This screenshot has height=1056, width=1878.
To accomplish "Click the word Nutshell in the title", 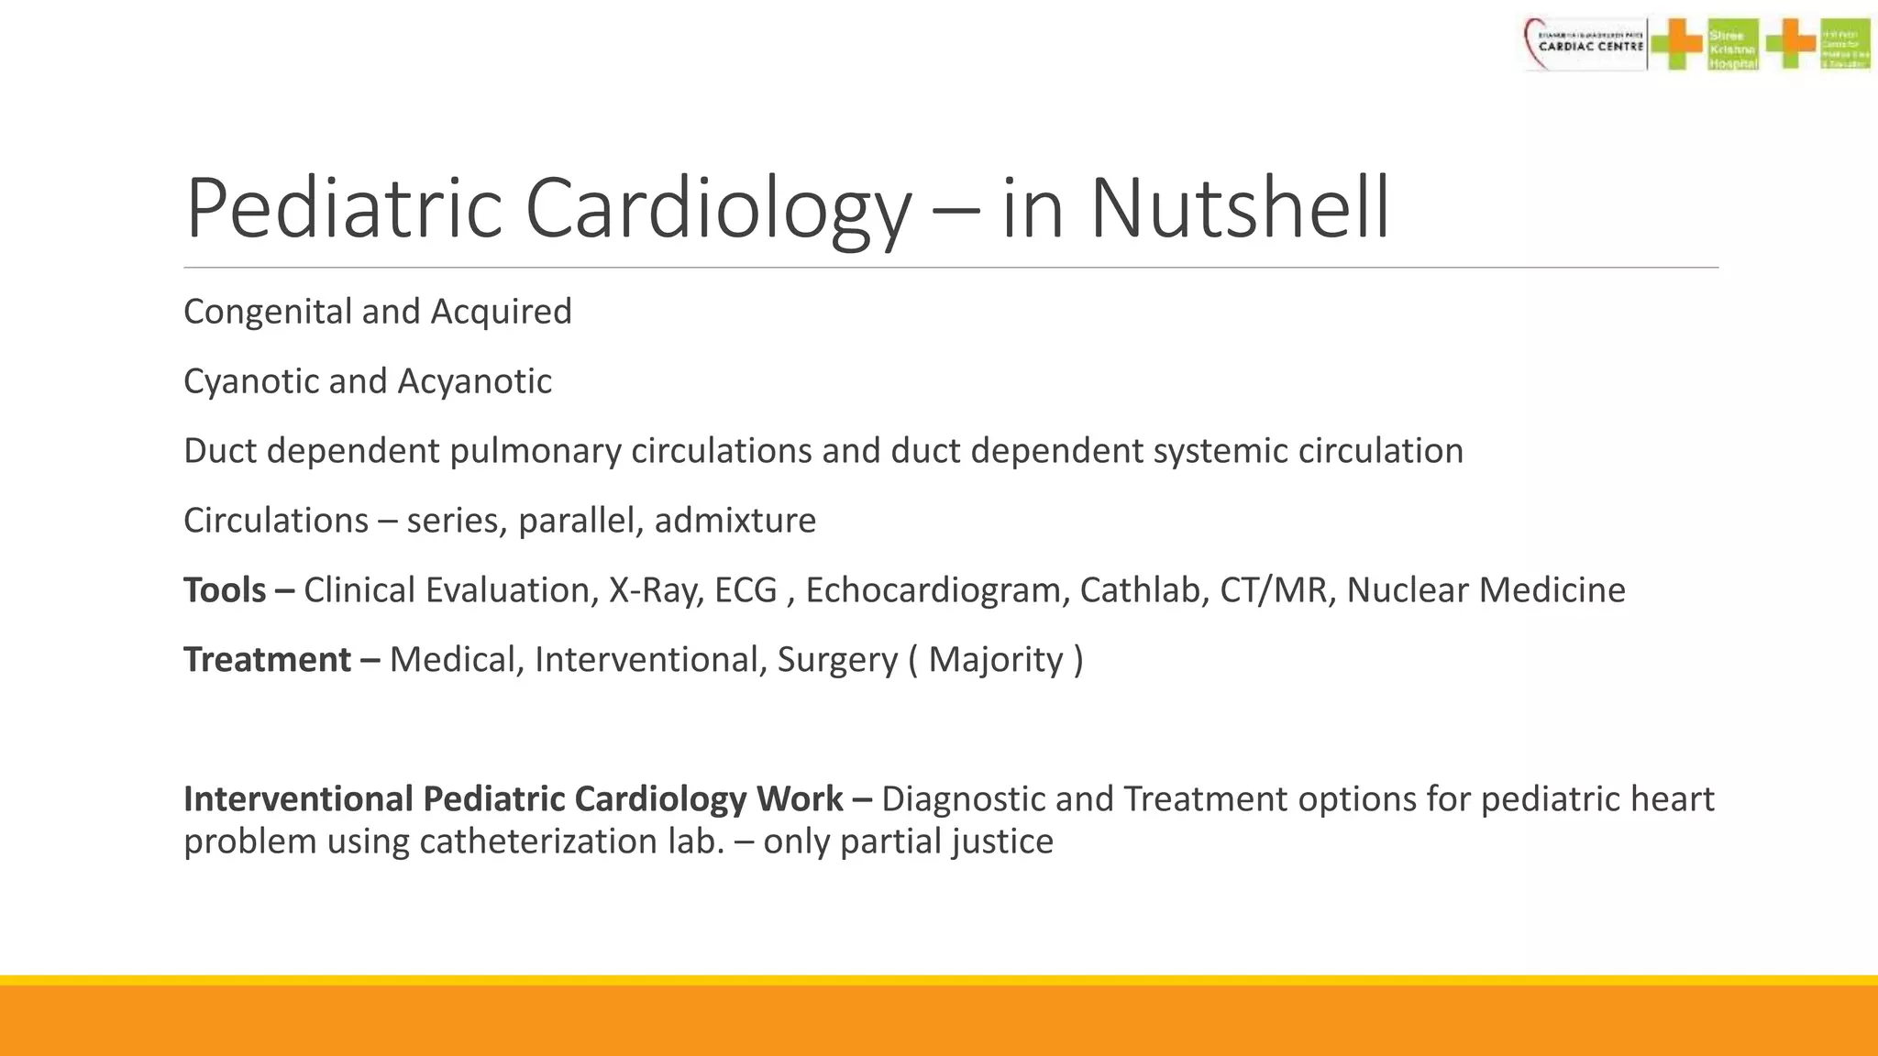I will coord(1239,208).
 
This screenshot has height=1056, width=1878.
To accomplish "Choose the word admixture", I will coord(735,521).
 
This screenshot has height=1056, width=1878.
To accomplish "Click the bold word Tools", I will coord(225,590).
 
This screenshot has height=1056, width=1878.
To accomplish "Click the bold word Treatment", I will coord(267,660).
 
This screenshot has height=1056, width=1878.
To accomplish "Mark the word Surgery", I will coord(837,660).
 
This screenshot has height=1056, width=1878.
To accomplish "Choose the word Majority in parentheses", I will coord(995,660).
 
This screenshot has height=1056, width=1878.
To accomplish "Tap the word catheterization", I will coord(537,841).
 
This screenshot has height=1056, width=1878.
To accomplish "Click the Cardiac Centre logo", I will coord(1585,44).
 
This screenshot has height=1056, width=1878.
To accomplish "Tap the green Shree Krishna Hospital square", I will coord(1732,44).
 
